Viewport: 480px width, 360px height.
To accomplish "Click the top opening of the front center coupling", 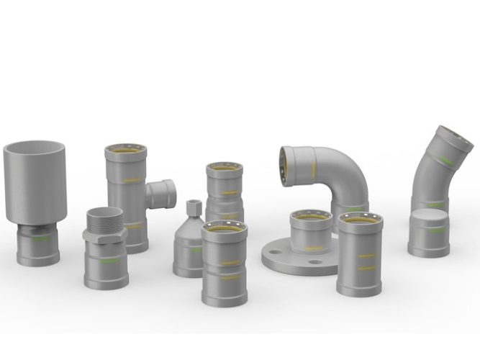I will click(x=224, y=228).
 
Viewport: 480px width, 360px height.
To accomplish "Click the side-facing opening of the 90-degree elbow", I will click(x=291, y=162).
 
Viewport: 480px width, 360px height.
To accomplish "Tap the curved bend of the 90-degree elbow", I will click(x=344, y=166).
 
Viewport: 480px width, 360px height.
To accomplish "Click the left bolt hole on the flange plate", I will click(x=271, y=256).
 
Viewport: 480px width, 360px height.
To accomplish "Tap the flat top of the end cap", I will click(x=430, y=220).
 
